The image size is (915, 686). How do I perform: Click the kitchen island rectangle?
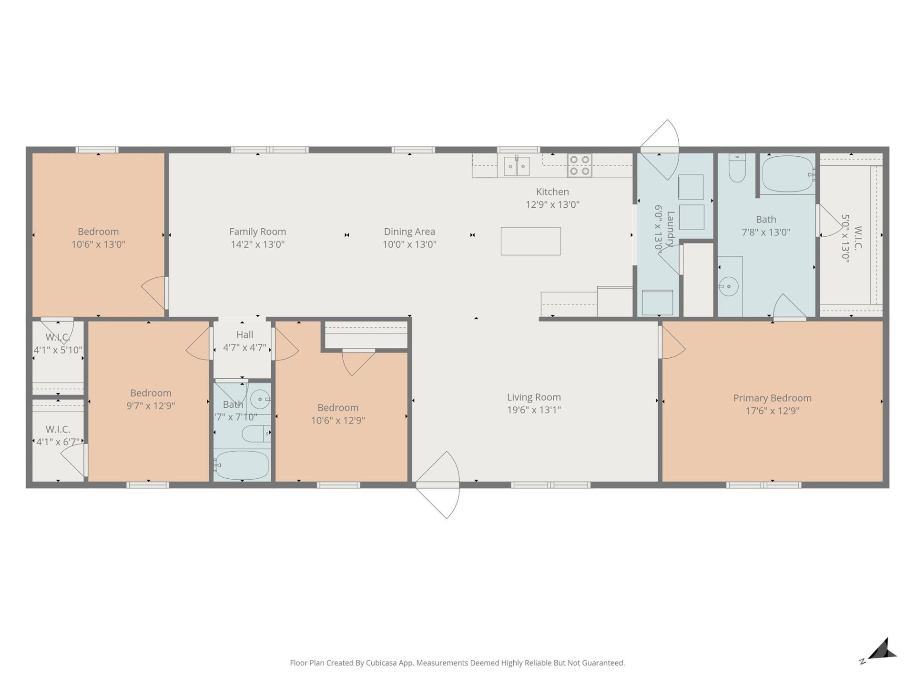click(x=530, y=241)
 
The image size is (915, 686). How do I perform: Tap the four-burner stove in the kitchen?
click(x=579, y=165)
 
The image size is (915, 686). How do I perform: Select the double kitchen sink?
click(x=517, y=166)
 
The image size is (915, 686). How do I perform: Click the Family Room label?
click(x=257, y=232)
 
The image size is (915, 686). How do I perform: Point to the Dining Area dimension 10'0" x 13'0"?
click(x=409, y=244)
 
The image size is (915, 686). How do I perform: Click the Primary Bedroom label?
click(x=772, y=398)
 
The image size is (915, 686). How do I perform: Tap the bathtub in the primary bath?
click(x=787, y=174)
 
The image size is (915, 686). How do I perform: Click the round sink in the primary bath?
click(x=728, y=287)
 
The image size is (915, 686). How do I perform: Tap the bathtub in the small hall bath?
click(x=242, y=465)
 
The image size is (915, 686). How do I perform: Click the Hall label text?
click(x=244, y=334)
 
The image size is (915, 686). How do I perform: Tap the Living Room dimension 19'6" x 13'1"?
click(x=534, y=410)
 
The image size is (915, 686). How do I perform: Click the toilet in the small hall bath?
click(x=255, y=433)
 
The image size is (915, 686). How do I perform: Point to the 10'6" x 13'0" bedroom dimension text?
click(x=98, y=244)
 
